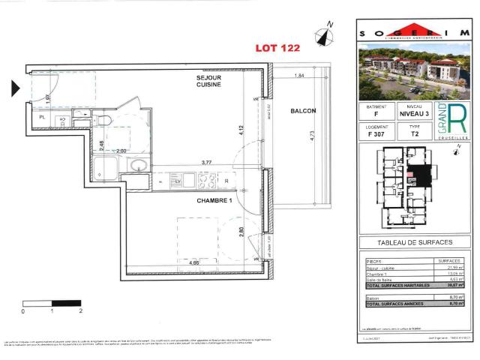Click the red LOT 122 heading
click(279, 47)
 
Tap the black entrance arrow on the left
click(16, 88)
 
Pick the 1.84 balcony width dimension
click(300, 76)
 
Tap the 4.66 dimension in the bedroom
click(193, 263)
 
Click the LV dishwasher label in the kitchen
click(178, 181)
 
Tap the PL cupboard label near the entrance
click(42, 118)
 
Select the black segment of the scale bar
click(66, 302)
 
